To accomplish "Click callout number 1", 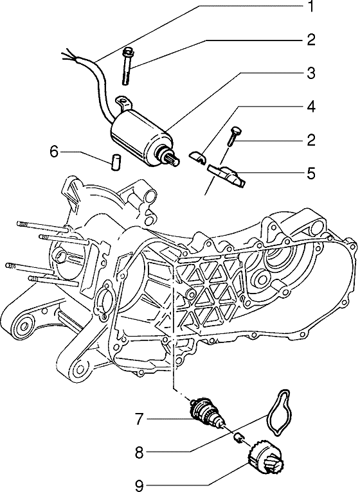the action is (x=310, y=6).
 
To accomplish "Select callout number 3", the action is (x=310, y=73).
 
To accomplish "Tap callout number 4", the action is (x=310, y=107).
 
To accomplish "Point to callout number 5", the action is (x=310, y=173).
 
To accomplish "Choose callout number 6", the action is (x=55, y=152).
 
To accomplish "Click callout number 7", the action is (x=139, y=419).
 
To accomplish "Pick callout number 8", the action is (x=139, y=452).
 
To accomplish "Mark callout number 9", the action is (x=139, y=486).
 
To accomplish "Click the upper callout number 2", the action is (x=310, y=40).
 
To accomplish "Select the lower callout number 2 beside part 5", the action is (x=310, y=140).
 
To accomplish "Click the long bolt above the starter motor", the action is (x=127, y=66).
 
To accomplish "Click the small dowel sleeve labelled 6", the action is (x=116, y=162).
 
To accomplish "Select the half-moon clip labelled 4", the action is (x=197, y=156).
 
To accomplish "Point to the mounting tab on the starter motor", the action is (x=124, y=103).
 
